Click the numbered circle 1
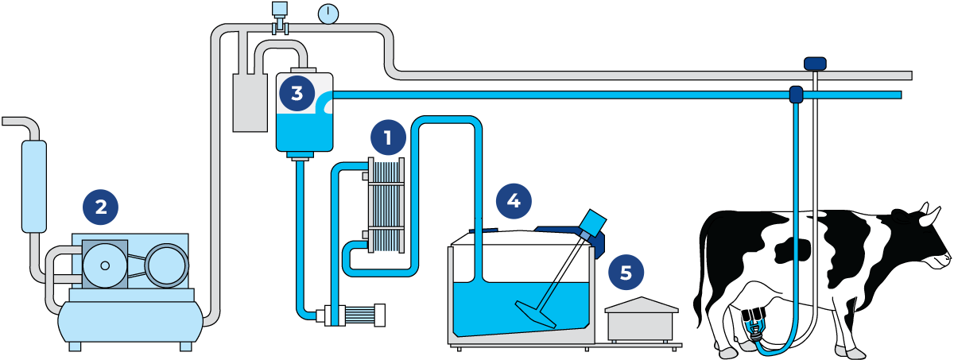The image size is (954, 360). pyautogui.click(x=387, y=138)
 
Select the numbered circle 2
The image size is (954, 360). pyautogui.click(x=101, y=207)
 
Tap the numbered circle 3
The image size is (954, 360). pyautogui.click(x=297, y=94)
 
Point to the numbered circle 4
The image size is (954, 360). pyautogui.click(x=514, y=200)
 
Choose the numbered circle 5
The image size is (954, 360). pyautogui.click(x=626, y=273)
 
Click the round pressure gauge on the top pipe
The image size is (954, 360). pyautogui.click(x=328, y=14)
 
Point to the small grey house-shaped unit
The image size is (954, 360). pyautogui.click(x=641, y=319)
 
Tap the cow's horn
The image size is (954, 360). pyautogui.click(x=925, y=210)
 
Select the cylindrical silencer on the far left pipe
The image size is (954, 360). pyautogui.click(x=34, y=186)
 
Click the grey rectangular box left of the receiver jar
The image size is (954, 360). pyautogui.click(x=250, y=103)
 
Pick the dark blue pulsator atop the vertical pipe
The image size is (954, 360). pyautogui.click(x=815, y=63)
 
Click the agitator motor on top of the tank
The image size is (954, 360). pyautogui.click(x=592, y=225)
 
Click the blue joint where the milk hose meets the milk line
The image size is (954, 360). pyautogui.click(x=795, y=95)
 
